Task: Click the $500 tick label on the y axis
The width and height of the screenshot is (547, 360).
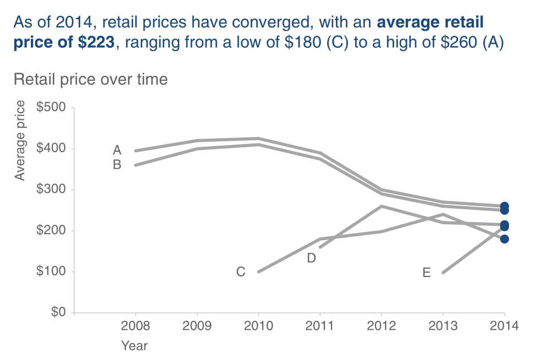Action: pos(51,108)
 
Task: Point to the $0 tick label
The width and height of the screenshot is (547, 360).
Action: pos(58,313)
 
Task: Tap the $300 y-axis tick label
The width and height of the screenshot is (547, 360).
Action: pos(51,190)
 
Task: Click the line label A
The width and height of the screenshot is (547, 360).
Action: pos(117,150)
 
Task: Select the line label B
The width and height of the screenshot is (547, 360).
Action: pos(117,164)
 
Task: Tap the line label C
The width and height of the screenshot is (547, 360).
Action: pos(240,272)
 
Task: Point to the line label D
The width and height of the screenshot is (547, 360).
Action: pos(311,258)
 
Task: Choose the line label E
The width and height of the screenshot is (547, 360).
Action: pos(427,273)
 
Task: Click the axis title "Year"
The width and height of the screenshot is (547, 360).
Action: pos(135,346)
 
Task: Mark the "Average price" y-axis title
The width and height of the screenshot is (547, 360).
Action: pos(20,141)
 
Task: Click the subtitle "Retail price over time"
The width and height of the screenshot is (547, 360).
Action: pos(90,80)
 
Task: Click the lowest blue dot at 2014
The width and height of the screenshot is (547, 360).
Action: pos(504,239)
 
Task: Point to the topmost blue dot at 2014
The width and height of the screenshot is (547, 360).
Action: pos(504,206)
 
